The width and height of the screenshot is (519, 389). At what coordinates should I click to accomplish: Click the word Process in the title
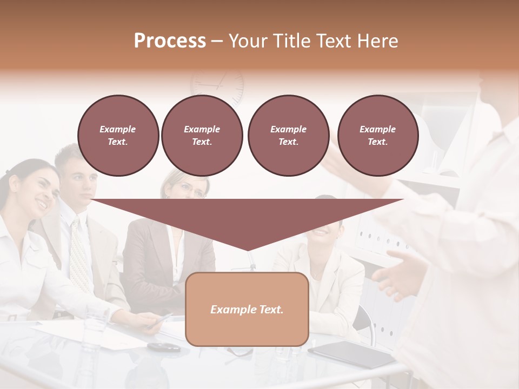(x=170, y=41)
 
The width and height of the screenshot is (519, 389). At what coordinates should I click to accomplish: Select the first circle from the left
(x=118, y=136)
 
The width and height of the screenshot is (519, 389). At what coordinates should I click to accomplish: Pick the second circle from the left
(x=202, y=136)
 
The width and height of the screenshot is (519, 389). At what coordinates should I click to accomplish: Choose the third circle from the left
(x=288, y=136)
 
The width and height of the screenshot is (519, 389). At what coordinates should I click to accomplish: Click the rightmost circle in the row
(x=377, y=136)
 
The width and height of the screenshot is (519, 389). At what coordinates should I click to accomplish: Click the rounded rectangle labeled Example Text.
(x=247, y=309)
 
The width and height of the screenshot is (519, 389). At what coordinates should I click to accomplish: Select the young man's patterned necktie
(x=80, y=254)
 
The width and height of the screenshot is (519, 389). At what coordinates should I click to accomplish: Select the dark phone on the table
(x=164, y=346)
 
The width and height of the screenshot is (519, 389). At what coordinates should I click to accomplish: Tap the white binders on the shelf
(x=373, y=238)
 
